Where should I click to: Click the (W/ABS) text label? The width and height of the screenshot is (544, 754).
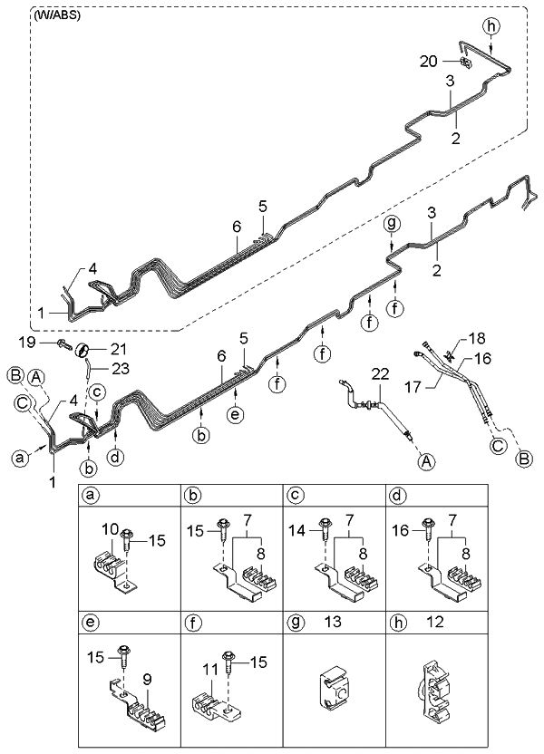coord(56,15)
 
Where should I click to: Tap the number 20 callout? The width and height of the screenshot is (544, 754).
coord(428,61)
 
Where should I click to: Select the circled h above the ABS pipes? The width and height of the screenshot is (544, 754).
coord(491,24)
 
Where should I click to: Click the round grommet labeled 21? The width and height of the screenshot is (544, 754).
coord(81,351)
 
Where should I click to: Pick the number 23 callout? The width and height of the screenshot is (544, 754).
coord(121,367)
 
